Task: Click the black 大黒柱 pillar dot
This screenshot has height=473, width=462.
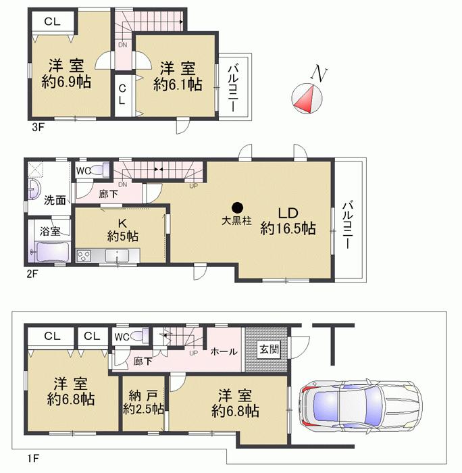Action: click(x=236, y=207)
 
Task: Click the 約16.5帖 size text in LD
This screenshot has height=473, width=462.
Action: click(x=288, y=228)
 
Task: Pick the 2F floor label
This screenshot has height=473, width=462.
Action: click(x=31, y=274)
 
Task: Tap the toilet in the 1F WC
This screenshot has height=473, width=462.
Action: click(x=139, y=336)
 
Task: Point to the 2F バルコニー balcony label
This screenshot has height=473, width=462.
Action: click(x=348, y=225)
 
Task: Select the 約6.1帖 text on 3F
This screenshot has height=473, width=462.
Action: click(x=178, y=84)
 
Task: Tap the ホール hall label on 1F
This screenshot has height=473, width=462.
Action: click(x=224, y=351)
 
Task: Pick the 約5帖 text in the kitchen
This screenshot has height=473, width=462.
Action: click(x=122, y=236)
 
